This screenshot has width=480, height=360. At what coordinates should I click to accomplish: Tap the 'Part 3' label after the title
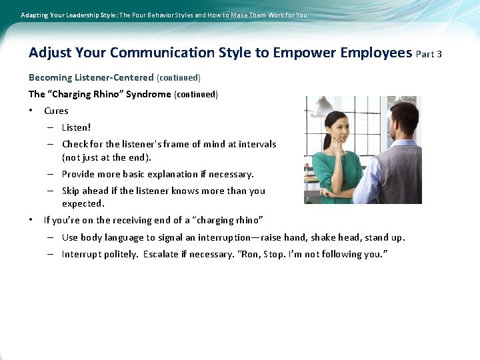[429, 54]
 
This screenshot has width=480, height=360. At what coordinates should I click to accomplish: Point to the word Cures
[56, 111]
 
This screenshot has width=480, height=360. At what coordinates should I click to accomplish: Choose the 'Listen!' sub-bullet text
[76, 127]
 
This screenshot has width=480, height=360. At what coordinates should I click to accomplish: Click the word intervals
[257, 144]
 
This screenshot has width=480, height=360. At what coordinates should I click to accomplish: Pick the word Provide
[80, 174]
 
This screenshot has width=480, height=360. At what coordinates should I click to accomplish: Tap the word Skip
[72, 191]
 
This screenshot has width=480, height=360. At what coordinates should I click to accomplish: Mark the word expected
[83, 203]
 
